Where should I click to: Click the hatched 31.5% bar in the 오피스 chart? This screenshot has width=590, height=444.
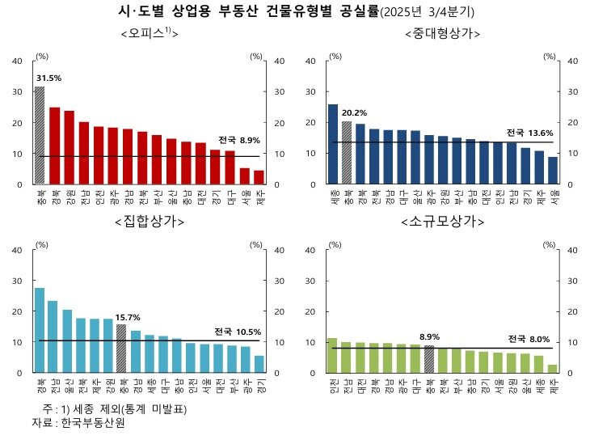(40, 135)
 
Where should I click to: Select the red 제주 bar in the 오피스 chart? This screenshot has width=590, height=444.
(259, 177)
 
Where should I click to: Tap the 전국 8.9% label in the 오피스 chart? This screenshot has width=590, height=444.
(238, 140)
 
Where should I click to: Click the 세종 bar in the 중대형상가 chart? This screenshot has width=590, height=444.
(333, 144)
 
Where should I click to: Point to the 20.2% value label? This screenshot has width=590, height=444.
(354, 112)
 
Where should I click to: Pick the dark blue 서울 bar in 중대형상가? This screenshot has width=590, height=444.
(553, 171)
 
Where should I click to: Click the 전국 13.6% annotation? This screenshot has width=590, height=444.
(530, 133)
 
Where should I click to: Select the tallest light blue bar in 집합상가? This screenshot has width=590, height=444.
(40, 330)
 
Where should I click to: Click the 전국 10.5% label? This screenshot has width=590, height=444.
(237, 332)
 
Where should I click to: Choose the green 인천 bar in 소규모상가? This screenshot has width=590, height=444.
(332, 355)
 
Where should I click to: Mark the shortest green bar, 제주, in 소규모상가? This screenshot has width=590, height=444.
(552, 369)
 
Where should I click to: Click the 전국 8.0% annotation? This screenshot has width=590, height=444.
(529, 338)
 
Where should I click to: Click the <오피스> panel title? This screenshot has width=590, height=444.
(148, 33)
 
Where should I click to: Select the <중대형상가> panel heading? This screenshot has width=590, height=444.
(442, 33)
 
